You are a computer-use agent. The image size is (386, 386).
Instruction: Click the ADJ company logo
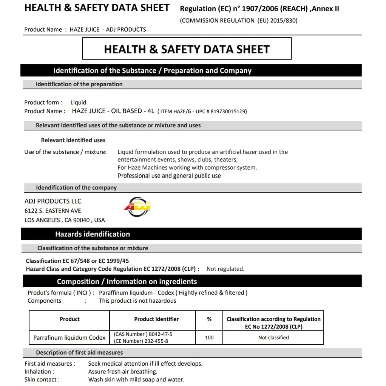[137, 207]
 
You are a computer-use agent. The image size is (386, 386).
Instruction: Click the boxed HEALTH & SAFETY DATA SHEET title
[187, 49]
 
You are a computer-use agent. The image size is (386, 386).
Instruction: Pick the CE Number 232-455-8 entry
[141, 341]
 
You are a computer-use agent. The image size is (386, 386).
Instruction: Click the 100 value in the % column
[209, 337]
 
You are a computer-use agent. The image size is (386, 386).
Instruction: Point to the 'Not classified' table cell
[273, 337]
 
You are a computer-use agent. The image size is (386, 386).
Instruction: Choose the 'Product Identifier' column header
[156, 319]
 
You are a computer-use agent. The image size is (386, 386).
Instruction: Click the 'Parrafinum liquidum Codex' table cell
[69, 337]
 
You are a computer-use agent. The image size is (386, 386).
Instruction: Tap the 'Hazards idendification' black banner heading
[93, 234]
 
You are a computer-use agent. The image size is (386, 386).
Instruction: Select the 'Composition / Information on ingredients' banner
[127, 282]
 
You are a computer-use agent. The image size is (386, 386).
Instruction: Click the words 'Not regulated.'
[225, 269]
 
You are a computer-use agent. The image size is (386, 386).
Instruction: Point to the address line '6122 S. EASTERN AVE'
[52, 211]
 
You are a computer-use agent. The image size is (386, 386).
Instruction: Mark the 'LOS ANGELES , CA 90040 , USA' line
[65, 220]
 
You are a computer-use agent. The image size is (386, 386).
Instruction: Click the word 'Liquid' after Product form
[78, 103]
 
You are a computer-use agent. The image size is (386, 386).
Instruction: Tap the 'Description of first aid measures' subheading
[79, 353]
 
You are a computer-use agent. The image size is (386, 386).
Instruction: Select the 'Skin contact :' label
[42, 380]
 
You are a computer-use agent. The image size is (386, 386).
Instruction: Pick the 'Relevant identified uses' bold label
[73, 140]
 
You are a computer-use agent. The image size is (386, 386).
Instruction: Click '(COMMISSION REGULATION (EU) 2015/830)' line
[239, 21]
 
